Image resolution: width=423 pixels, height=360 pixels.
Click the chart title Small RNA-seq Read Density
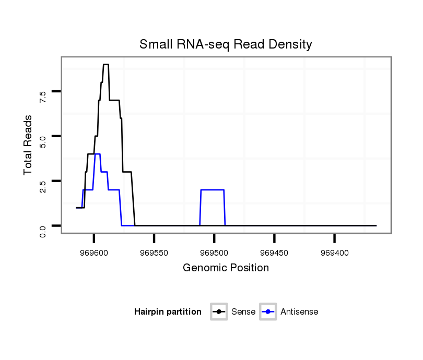pos(226,44)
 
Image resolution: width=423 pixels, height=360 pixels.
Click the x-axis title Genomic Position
pos(226,268)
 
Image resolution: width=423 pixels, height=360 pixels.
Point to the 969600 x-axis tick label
pos(94,251)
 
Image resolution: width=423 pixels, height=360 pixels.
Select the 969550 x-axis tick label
pos(154,251)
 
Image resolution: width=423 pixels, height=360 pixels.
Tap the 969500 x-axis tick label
pos(214,251)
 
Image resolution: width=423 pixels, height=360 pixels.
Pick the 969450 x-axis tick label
pos(274,251)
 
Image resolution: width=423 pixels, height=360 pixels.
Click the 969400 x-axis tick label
pos(334,251)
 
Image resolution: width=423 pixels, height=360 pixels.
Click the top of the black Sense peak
pos(105,64)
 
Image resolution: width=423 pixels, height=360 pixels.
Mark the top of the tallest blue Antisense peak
pos(97,154)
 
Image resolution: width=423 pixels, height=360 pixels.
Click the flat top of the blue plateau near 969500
pos(213,190)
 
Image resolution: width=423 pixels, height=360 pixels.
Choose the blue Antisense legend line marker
pos(268,312)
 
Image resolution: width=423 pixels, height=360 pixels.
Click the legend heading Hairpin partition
pos(168,312)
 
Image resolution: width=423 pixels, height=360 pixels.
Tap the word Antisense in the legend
pos(299,312)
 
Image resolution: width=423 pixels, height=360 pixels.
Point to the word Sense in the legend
pos(243,312)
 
